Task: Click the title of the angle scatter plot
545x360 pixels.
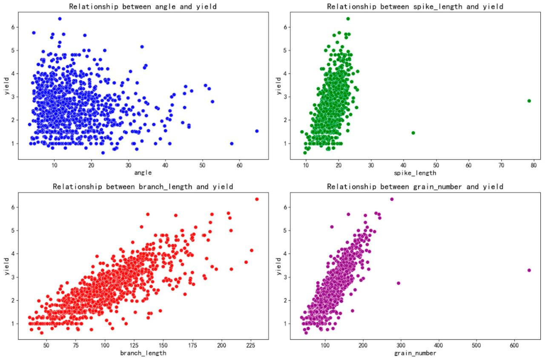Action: (143, 6)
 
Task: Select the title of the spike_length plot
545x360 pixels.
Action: (415, 6)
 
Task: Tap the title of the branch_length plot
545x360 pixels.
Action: (143, 186)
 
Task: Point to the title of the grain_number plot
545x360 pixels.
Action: (415, 186)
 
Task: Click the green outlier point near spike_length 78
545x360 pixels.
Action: (529, 101)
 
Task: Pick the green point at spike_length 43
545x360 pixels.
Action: (413, 133)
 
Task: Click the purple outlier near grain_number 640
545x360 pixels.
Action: (529, 270)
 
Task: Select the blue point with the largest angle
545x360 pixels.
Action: (257, 131)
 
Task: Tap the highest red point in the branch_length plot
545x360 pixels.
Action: (257, 199)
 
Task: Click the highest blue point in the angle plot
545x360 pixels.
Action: (60, 19)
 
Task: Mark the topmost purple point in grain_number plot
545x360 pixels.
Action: (392, 199)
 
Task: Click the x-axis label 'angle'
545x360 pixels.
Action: (143, 173)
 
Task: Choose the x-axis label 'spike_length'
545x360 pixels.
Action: (415, 173)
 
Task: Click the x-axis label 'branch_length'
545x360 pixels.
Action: (143, 353)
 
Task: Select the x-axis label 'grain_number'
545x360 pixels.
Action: (415, 353)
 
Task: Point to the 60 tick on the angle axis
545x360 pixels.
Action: (239, 165)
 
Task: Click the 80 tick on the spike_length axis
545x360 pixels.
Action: (534, 165)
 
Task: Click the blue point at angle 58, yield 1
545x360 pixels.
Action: (232, 143)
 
